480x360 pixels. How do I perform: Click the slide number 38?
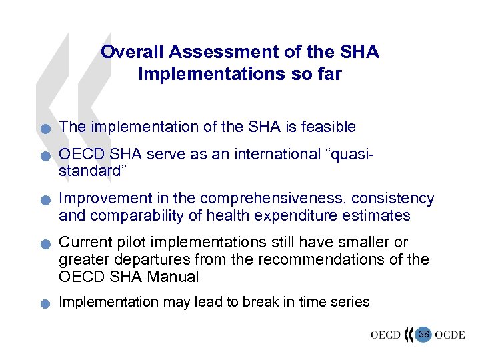(423, 333)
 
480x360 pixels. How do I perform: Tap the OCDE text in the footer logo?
(449, 335)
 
